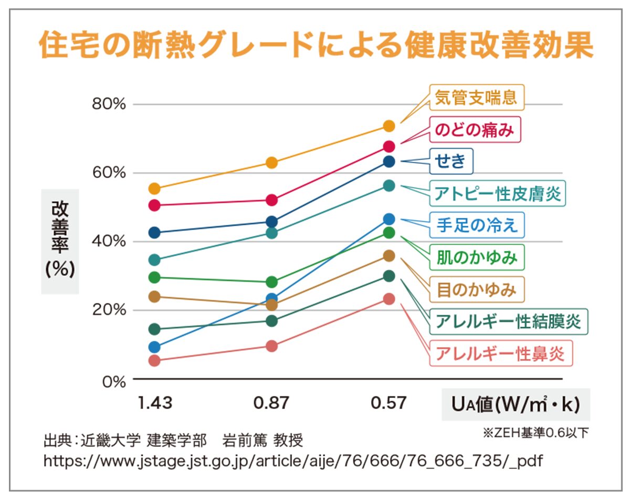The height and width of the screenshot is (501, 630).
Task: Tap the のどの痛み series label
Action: coord(475,129)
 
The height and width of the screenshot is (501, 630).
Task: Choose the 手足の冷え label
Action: coord(477,225)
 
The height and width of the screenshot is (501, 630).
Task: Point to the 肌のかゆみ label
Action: coord(477,257)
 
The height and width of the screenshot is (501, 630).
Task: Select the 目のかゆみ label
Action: coord(477,289)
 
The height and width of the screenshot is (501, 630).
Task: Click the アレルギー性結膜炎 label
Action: coord(509,321)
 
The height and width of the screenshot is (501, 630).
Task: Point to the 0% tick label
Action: coord(113,381)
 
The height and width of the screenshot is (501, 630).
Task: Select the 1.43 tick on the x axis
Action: coord(155,403)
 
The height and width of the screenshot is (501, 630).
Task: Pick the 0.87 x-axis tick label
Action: coord(271,403)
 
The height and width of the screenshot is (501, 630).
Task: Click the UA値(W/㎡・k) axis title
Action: coord(515,404)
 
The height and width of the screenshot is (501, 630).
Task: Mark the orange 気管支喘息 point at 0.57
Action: coord(389,126)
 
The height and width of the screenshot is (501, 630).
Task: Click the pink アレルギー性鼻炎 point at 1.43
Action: coord(154,361)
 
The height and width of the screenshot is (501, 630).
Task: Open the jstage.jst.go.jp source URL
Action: coord(293,461)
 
